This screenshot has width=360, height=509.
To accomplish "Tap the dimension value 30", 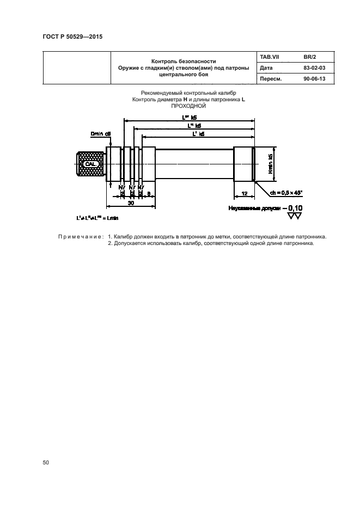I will (x=131, y=203).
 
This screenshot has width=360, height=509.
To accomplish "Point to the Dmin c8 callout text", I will (x=101, y=133).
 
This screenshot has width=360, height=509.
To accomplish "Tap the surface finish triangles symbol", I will (x=295, y=216).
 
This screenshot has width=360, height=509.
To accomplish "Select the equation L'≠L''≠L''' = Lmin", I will (x=98, y=218).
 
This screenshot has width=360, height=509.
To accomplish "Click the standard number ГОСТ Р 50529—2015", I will (x=72, y=37).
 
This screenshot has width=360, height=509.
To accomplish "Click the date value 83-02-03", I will (x=314, y=68).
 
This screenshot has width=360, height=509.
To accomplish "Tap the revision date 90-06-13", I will (x=314, y=79).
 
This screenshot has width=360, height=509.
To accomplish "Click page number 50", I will (x=46, y=463).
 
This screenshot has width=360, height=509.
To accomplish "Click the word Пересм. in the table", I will (x=271, y=79).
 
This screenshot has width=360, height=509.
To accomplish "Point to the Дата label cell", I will (x=267, y=68).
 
